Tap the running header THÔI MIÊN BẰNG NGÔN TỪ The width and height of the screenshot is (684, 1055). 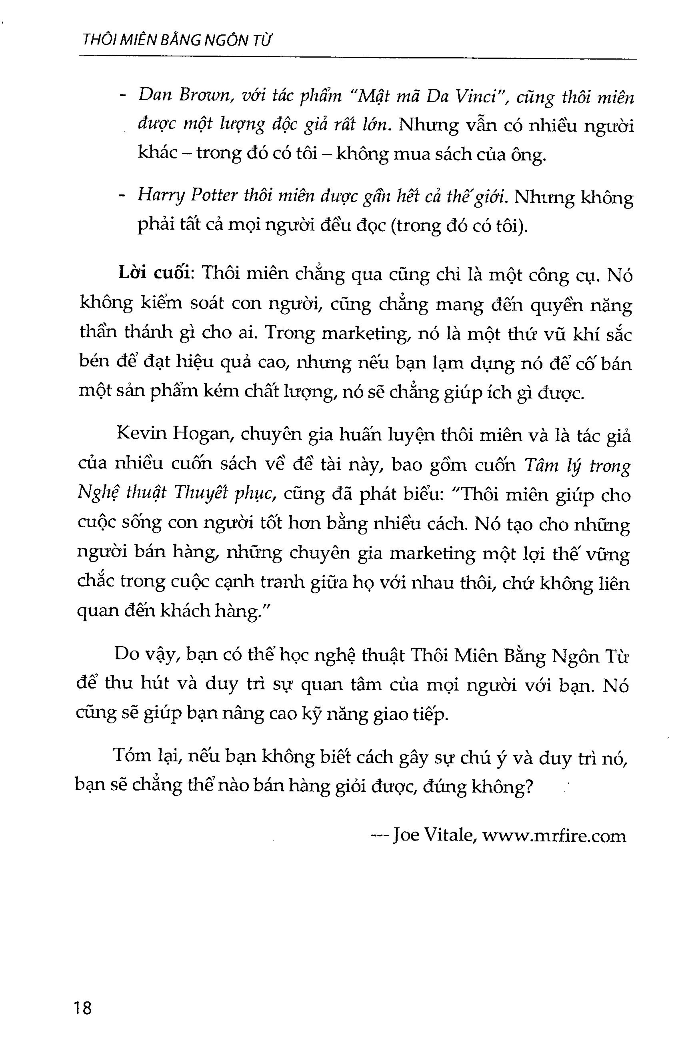pyautogui.click(x=176, y=41)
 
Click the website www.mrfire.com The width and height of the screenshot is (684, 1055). pyautogui.click(x=554, y=835)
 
